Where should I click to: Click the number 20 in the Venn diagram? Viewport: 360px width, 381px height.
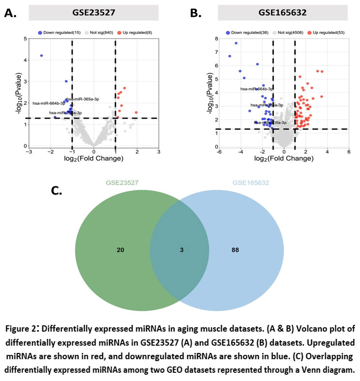(x=120, y=250)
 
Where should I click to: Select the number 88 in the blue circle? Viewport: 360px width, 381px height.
(x=235, y=250)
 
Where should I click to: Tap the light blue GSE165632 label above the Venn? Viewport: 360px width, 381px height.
(x=250, y=183)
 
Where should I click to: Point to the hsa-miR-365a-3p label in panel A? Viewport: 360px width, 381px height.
(x=83, y=99)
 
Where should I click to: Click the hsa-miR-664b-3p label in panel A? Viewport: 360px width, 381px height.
(x=49, y=103)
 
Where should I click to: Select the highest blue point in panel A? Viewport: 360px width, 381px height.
(x=42, y=56)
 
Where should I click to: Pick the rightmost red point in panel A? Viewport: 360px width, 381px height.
(x=136, y=112)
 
